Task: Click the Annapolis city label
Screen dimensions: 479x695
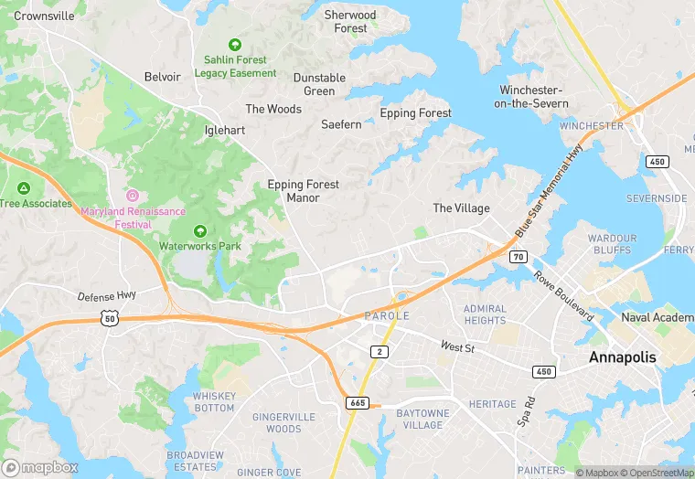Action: [x=622, y=357]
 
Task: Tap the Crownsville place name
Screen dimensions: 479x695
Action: [x=45, y=16]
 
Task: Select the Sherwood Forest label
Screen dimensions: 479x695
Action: [x=350, y=22]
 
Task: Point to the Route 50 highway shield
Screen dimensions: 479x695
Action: [x=110, y=317]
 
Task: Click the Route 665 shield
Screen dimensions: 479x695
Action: [x=358, y=402]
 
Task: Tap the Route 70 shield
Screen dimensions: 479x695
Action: [x=519, y=259]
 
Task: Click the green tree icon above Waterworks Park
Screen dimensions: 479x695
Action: [x=199, y=230]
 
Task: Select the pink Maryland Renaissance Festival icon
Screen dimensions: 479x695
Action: [x=133, y=195]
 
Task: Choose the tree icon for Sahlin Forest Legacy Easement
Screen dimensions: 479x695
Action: [x=235, y=44]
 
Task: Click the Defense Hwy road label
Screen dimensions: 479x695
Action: [x=107, y=296]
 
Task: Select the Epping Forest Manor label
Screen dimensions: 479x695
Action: [x=303, y=190]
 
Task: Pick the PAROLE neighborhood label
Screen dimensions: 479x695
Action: [x=387, y=315]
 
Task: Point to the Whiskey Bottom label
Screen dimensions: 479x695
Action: [x=214, y=402]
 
